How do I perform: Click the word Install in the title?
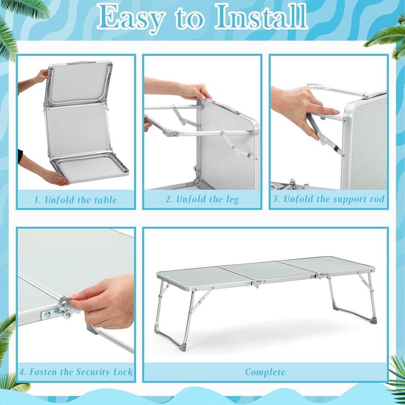[x=261, y=17]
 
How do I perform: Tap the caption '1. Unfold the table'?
[x=75, y=200]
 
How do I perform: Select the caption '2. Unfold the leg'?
[x=202, y=199]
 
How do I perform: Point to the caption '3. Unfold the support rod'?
[x=329, y=199]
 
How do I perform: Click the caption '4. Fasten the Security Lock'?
[x=76, y=372]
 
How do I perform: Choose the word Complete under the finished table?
[x=265, y=372]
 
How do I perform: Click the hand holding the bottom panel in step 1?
[x=55, y=178]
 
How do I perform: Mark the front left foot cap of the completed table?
[x=184, y=347]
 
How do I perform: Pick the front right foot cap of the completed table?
[x=374, y=320]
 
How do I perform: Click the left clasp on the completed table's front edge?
[x=256, y=283]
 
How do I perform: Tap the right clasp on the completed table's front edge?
[x=320, y=276]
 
